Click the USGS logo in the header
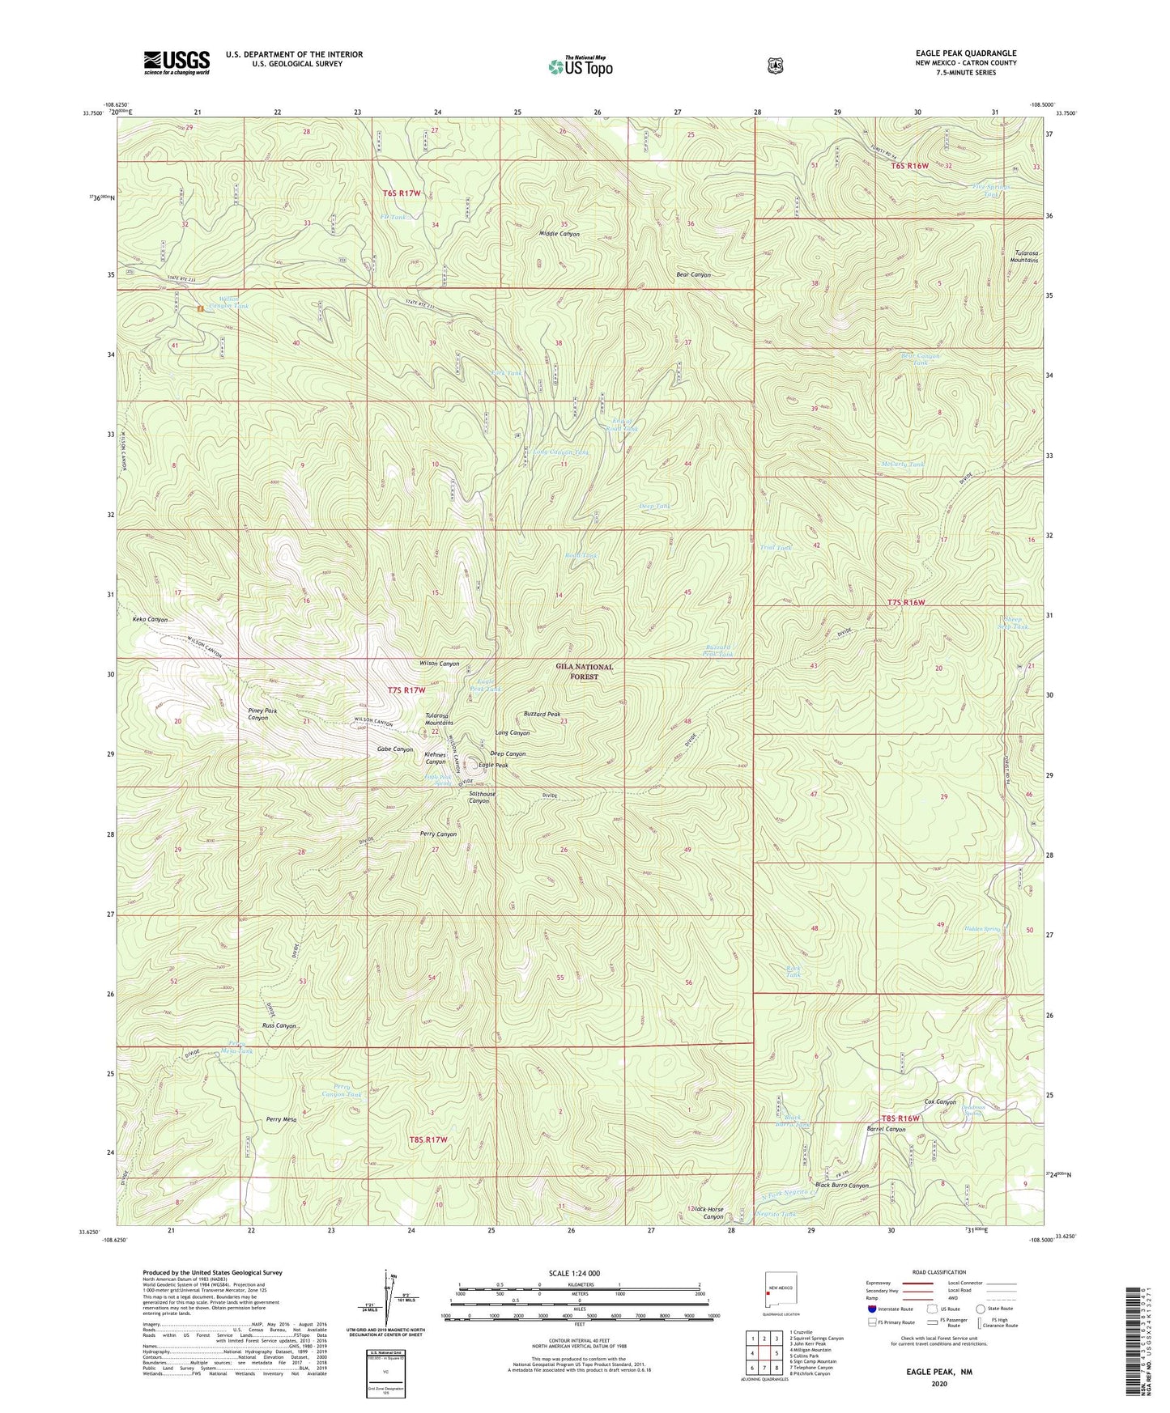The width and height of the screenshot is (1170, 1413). tap(177, 62)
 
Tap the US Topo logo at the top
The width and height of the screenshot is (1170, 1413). tap(579, 66)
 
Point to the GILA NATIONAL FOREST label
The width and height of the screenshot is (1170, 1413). tap(584, 671)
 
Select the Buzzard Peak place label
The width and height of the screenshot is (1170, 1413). tap(542, 715)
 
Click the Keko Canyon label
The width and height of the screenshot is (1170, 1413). tap(150, 619)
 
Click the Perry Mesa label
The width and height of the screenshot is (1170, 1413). tap(283, 1120)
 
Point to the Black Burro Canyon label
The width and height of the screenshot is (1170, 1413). tap(841, 1186)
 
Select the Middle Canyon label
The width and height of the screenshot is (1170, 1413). tap(559, 234)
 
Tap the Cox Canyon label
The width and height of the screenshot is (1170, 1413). tap(940, 1102)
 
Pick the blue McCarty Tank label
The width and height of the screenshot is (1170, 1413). tap(902, 465)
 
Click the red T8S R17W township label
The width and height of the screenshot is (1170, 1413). tap(428, 1139)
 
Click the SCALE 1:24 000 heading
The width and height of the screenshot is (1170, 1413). tap(574, 1273)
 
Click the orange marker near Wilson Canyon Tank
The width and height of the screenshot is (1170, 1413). tap(200, 308)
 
